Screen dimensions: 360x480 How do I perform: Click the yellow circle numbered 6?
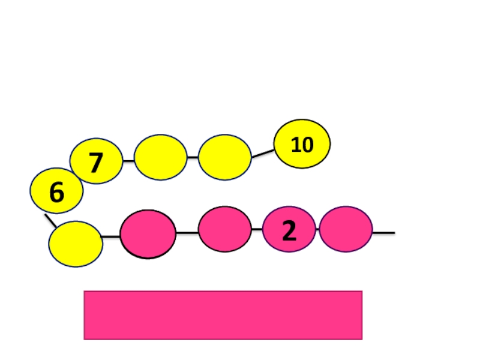tap(56, 191)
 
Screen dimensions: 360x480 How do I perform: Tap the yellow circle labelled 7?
tap(96, 161)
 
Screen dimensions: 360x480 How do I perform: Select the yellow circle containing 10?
tap(302, 144)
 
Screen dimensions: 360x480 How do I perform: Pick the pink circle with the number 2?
tap(289, 229)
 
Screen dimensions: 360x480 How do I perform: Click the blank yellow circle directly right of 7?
tap(160, 157)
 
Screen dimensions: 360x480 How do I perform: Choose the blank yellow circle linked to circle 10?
tap(224, 157)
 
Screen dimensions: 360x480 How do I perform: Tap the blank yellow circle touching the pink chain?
tap(76, 244)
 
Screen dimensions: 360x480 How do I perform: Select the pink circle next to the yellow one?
tap(148, 234)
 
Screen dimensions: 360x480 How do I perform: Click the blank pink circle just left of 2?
tap(224, 229)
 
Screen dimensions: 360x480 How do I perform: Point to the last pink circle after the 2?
tap(346, 229)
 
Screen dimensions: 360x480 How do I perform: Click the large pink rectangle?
tap(223, 315)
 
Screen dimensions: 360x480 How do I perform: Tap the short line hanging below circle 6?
tap(50, 220)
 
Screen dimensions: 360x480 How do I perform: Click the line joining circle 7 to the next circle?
tap(128, 161)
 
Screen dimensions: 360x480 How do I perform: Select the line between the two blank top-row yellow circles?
tap(193, 157)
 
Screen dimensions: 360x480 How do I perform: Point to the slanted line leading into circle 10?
tap(262, 154)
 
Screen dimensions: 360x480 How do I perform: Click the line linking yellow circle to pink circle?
tap(111, 237)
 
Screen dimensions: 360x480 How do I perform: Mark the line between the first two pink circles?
tap(187, 233)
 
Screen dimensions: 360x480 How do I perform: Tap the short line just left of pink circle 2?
tap(257, 229)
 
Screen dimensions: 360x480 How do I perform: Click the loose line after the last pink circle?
tap(383, 232)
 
